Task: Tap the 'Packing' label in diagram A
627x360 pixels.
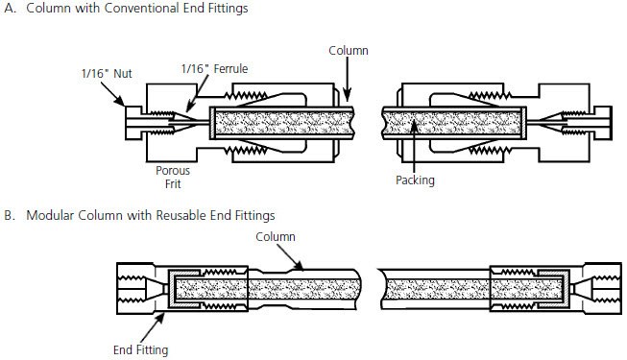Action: [415, 179]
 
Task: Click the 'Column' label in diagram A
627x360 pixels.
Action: [347, 49]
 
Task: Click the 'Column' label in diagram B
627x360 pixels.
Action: [275, 236]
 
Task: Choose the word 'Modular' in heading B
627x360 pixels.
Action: [52, 214]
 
